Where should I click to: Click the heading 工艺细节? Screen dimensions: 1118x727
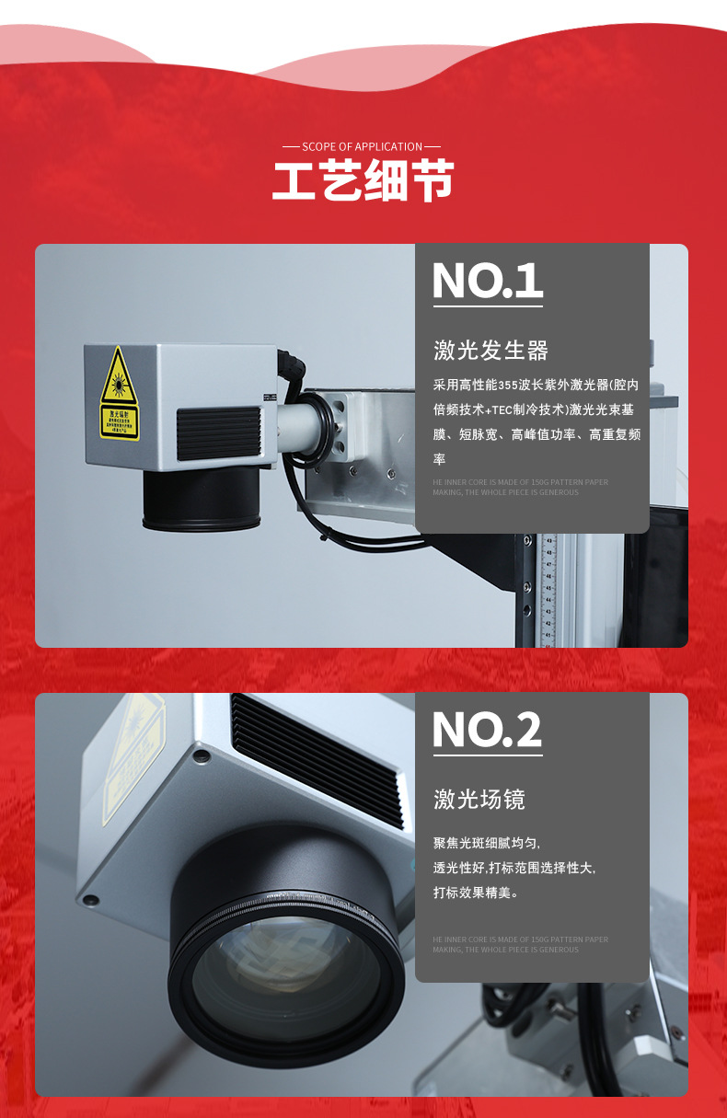pyautogui.click(x=363, y=181)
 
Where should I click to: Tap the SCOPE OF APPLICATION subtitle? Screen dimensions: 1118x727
pyautogui.click(x=362, y=146)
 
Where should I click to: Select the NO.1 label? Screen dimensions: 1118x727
pyautogui.click(x=487, y=281)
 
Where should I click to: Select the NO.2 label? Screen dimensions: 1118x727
pyautogui.click(x=487, y=730)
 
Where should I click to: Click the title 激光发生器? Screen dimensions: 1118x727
pyautogui.click(x=490, y=351)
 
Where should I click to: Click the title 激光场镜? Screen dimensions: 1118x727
pyautogui.click(x=479, y=800)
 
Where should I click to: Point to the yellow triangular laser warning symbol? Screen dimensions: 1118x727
pyautogui.click(x=119, y=379)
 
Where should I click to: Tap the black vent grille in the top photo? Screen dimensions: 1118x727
pyautogui.click(x=218, y=432)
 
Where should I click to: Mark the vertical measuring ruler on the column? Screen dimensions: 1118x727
pyautogui.click(x=550, y=589)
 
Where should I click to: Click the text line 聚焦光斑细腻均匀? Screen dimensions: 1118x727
pyautogui.click(x=487, y=843)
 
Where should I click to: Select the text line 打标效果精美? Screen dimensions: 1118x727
pyautogui.click(x=476, y=892)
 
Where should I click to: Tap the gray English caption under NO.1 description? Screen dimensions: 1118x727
pyautogui.click(x=520, y=487)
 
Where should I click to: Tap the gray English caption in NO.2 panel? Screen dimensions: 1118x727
pyautogui.click(x=520, y=944)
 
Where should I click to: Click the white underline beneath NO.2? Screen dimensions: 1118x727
pyautogui.click(x=487, y=755)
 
